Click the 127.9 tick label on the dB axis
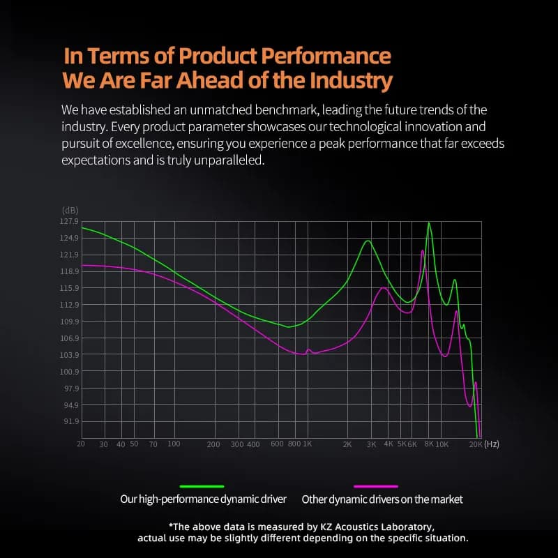[69, 221]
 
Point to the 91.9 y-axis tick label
[71, 421]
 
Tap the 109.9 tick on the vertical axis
[69, 322]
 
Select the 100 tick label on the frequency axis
[174, 444]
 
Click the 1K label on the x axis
[307, 444]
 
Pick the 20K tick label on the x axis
[476, 444]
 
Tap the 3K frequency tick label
[372, 444]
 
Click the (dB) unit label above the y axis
[70, 211]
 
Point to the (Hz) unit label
[492, 444]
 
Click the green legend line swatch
[202, 486]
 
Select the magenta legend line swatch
[376, 486]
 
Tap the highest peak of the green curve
[429, 223]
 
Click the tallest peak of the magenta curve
[423, 251]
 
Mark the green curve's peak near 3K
[368, 241]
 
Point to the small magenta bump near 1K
[308, 349]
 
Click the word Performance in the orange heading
[326, 56]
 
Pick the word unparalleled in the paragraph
[229, 160]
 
